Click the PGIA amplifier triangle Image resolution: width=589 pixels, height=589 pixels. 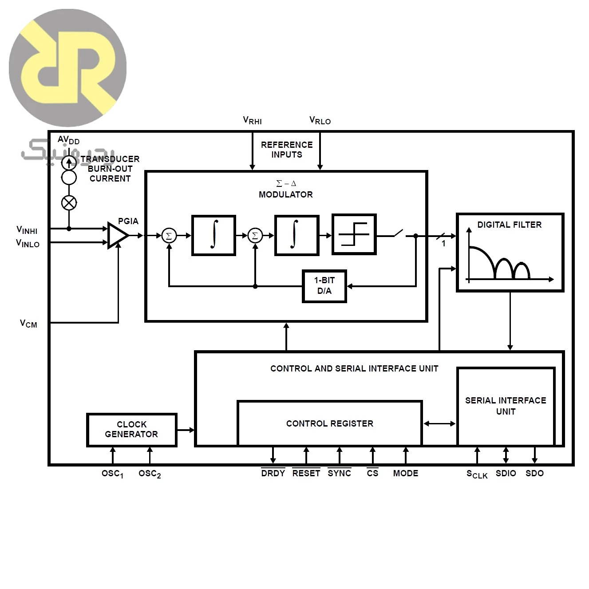(117, 235)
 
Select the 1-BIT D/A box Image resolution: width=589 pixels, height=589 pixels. (324, 286)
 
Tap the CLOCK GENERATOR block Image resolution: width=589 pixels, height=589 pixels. (132, 430)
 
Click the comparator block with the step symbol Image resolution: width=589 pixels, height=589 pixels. (354, 234)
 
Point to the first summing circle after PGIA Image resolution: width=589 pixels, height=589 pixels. (169, 236)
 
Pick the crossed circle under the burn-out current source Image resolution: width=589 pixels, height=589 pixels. (69, 203)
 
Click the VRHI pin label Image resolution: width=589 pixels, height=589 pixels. (252, 120)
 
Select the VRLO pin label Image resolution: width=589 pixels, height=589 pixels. (320, 120)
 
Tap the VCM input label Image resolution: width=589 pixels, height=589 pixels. (28, 324)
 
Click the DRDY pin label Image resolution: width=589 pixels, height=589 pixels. (273, 473)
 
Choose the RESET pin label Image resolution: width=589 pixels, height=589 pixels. (306, 473)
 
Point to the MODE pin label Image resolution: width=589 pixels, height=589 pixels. (406, 473)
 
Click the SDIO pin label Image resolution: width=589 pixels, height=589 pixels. (506, 473)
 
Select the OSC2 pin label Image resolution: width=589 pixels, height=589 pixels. (150, 474)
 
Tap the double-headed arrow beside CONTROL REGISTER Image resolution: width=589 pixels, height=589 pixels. (439, 423)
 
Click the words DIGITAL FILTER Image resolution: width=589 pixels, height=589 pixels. (510, 225)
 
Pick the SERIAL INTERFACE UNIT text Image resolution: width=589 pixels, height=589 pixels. (506, 406)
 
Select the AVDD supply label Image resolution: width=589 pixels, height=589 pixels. (68, 140)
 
